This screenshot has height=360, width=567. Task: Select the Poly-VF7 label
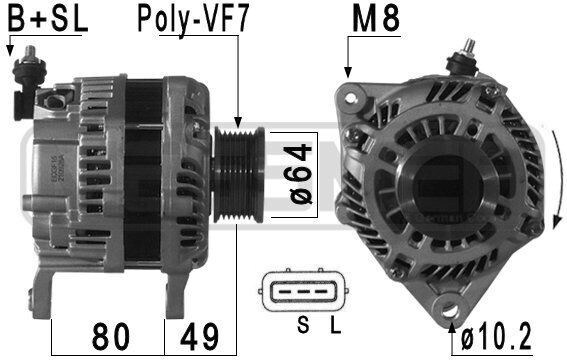192,19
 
